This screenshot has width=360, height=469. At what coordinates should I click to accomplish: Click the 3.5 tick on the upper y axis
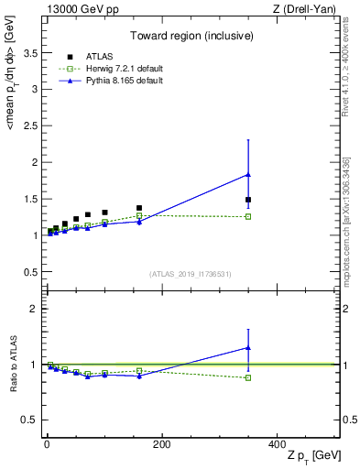pyautogui.click(x=29, y=54)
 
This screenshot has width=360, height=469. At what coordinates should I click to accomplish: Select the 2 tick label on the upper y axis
pyautogui.click(x=33, y=163)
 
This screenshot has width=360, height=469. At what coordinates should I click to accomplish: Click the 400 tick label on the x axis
pyautogui.click(x=277, y=444)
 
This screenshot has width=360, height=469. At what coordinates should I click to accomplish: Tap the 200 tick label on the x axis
pyautogui.click(x=162, y=444)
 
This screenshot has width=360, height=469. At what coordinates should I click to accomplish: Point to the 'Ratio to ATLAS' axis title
pyautogui.click(x=13, y=365)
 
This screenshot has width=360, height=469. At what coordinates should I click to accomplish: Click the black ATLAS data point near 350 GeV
pyautogui.click(x=248, y=200)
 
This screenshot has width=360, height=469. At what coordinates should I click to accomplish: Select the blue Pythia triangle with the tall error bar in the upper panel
pyautogui.click(x=248, y=174)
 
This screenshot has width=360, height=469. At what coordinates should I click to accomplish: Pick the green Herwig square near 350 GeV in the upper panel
pyautogui.click(x=248, y=216)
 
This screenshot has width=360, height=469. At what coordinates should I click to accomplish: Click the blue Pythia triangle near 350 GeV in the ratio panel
pyautogui.click(x=248, y=347)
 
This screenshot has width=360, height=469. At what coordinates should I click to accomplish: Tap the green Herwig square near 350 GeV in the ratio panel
pyautogui.click(x=248, y=377)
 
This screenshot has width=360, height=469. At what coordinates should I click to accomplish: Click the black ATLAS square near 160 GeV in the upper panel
pyautogui.click(x=139, y=208)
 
